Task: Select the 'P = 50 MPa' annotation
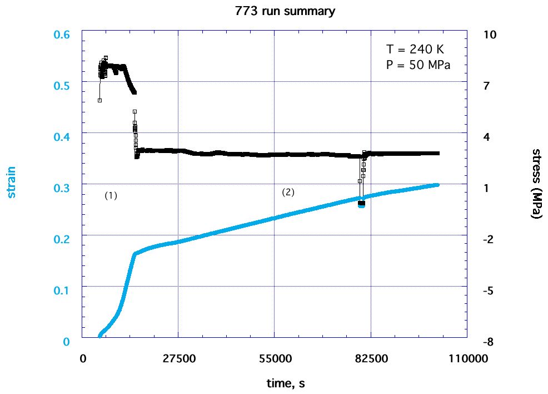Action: tap(417, 64)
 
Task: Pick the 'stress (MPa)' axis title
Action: tap(536, 184)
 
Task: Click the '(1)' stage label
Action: tap(111, 196)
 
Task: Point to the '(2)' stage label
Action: tap(288, 193)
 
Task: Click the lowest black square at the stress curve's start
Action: tap(99, 100)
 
